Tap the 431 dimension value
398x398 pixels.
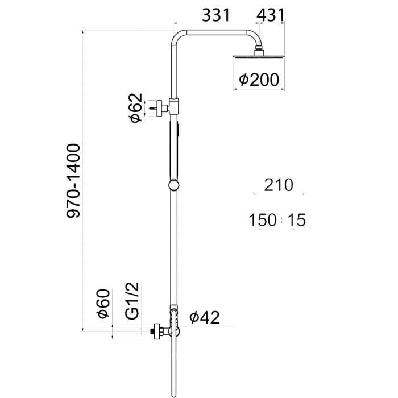coord(270,15)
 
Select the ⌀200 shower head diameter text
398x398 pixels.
coord(259,80)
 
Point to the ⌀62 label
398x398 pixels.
coord(135,108)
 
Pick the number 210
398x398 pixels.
coord(278,185)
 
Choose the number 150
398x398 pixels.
coord(262,219)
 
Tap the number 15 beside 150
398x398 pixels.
coord(296,219)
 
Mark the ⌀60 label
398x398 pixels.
coord(103,304)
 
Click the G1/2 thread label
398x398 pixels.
coord(132,301)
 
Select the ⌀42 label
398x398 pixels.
coord(204,317)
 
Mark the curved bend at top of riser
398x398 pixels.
coord(177,38)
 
